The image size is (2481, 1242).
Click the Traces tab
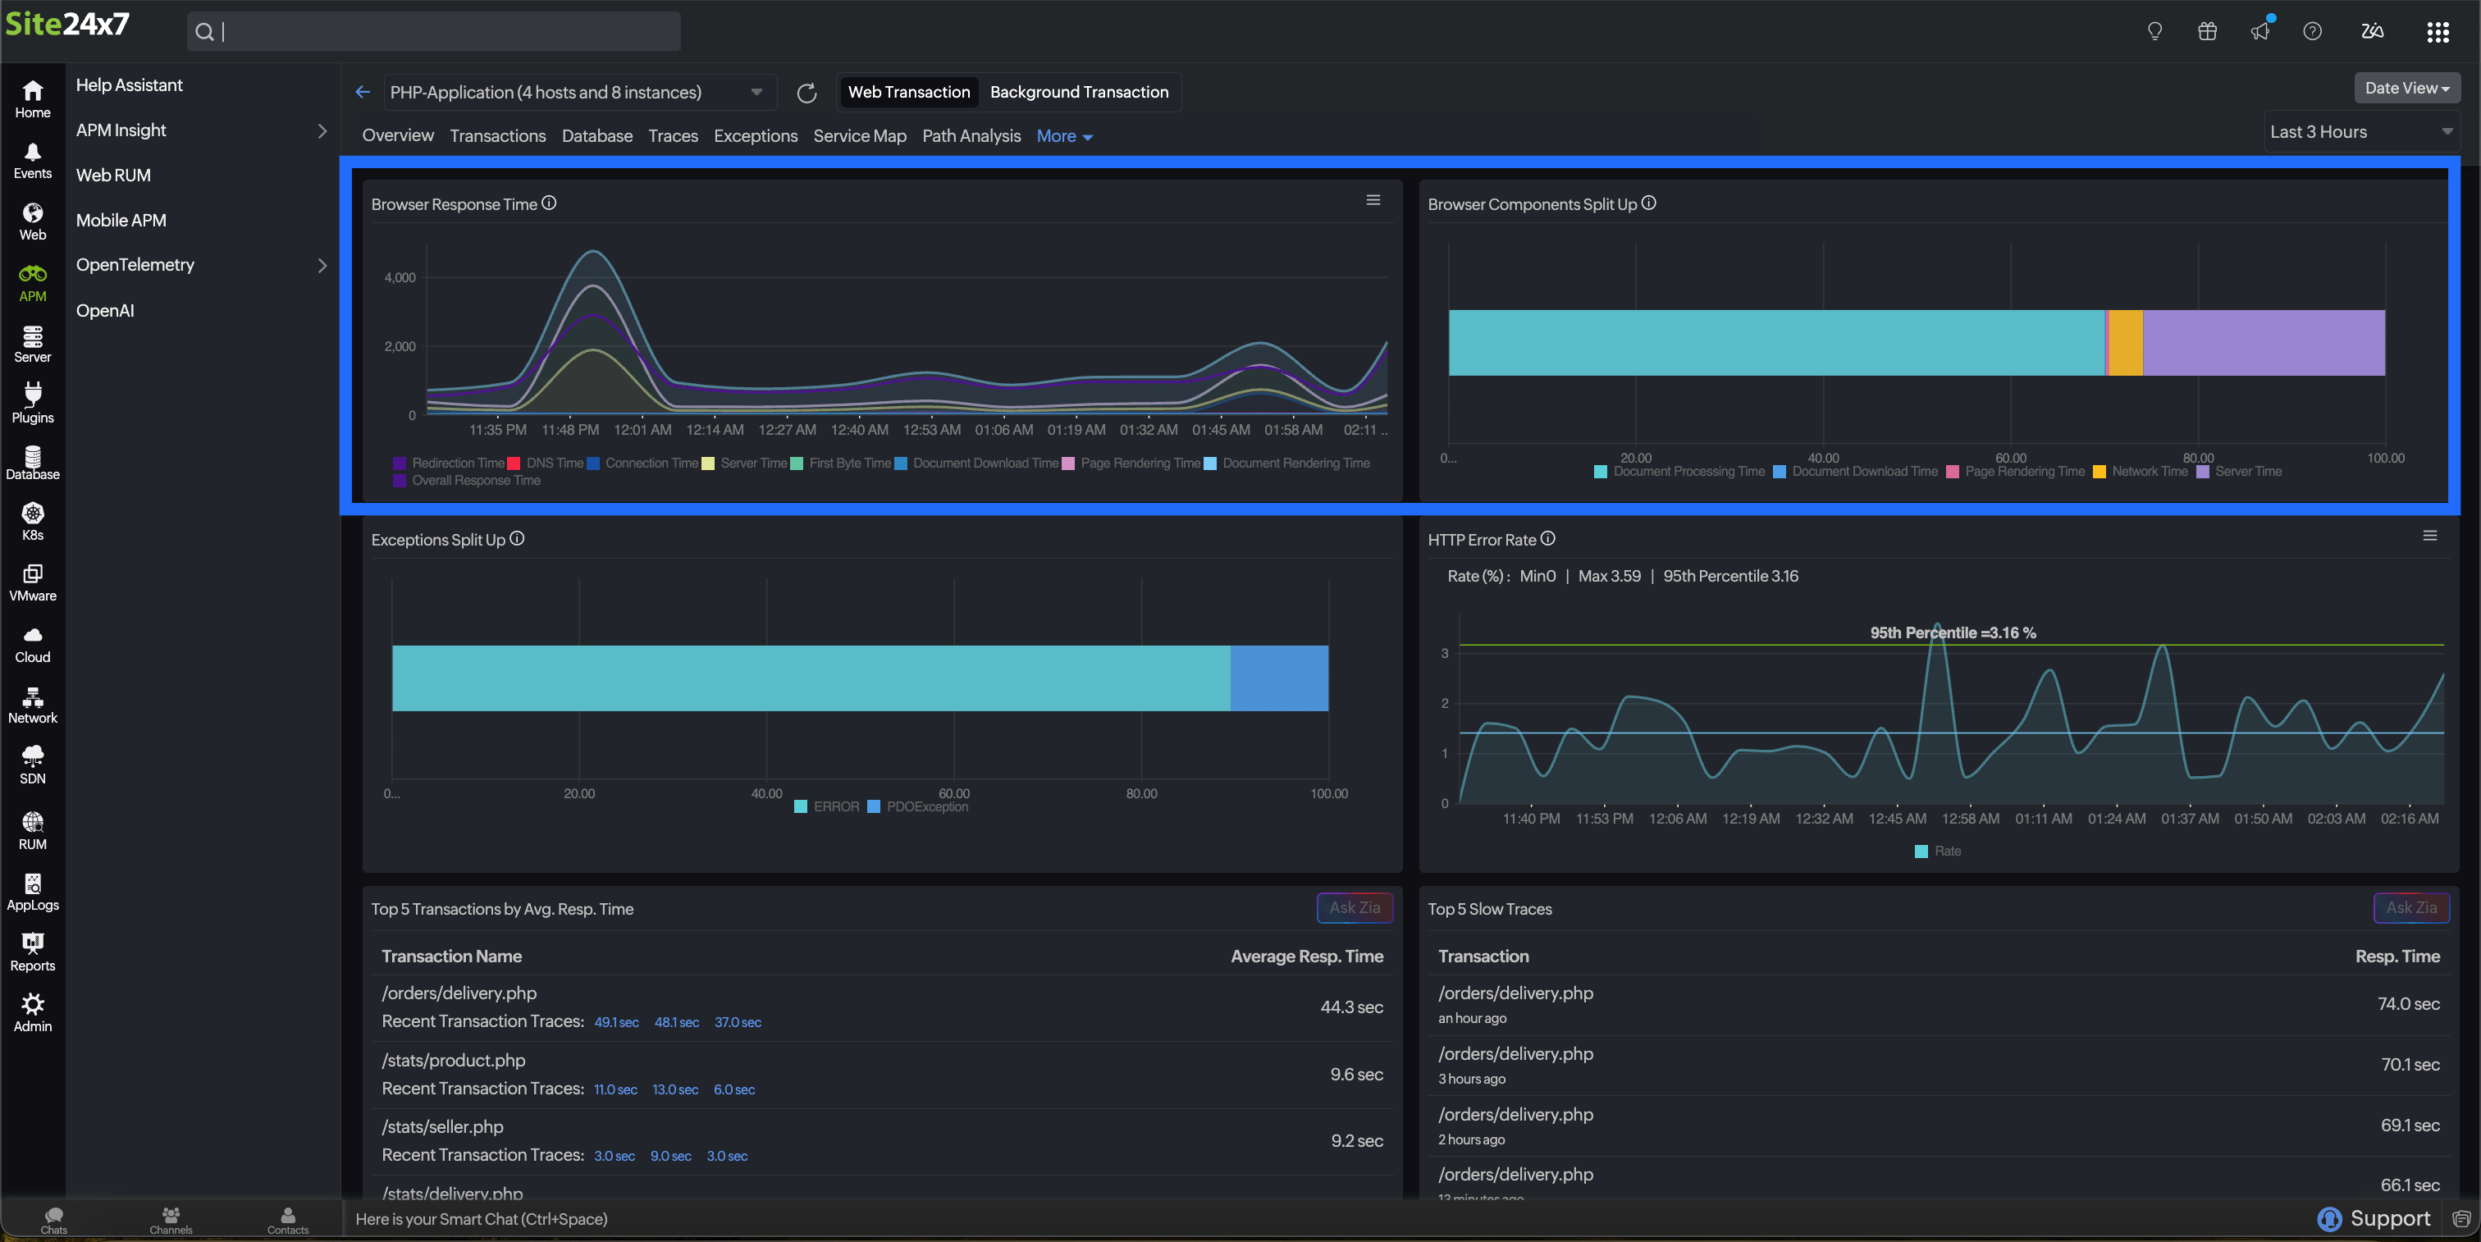pos(672,135)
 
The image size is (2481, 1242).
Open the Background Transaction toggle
pos(1078,93)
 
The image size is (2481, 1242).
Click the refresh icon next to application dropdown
pos(806,94)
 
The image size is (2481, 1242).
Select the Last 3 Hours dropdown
pos(2359,132)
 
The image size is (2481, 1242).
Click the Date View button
pos(2406,89)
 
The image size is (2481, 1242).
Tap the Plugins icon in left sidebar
pos(33,403)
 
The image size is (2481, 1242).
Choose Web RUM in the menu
pos(112,176)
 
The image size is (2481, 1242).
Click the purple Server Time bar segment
pos(2263,343)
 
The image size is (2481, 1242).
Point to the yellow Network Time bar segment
pos(2126,343)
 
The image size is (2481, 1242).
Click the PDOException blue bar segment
pos(1278,678)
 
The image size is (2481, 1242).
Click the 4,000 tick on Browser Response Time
pos(400,278)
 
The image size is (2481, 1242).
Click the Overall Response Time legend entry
pos(475,481)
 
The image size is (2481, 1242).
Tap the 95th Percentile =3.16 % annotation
pos(1953,632)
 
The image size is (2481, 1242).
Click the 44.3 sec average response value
pos(1350,1007)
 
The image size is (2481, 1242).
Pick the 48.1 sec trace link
pos(676,1022)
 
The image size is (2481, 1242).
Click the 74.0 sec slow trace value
pos(2408,1004)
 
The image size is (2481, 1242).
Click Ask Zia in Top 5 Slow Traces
pos(2410,908)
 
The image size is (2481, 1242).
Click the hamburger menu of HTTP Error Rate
pos(2429,537)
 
